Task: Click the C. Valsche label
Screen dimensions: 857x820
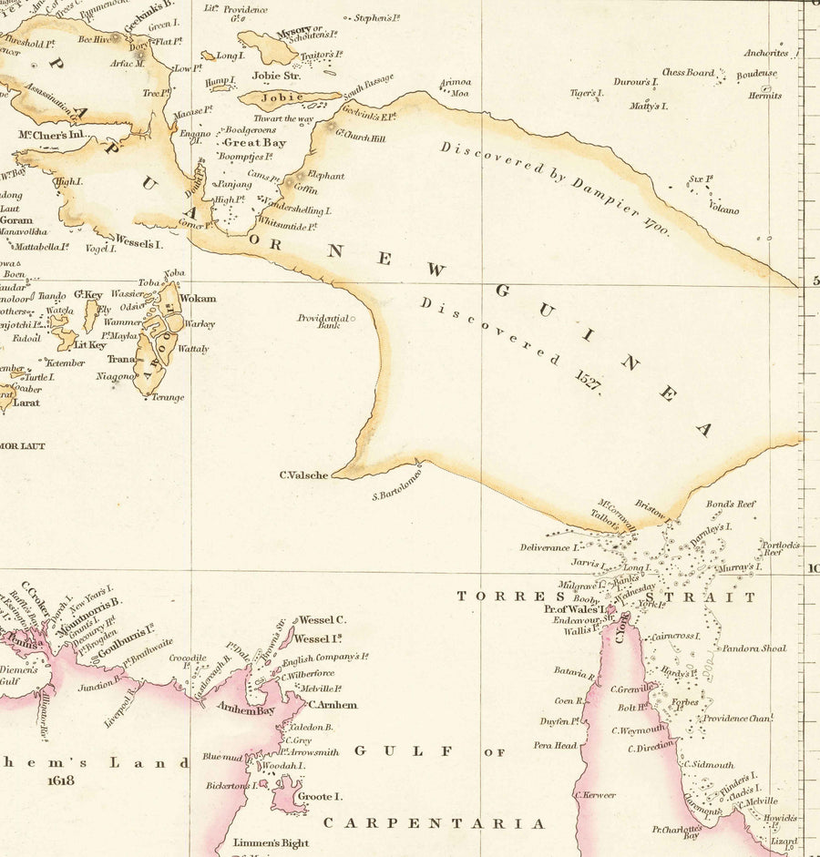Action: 303,474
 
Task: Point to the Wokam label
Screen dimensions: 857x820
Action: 198,299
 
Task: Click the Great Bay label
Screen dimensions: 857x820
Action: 254,143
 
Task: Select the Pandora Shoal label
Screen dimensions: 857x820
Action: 753,649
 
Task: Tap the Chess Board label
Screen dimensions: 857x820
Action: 688,73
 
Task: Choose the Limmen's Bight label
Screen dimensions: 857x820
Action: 271,843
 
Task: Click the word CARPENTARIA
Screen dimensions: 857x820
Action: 435,823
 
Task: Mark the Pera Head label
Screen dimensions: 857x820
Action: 555,745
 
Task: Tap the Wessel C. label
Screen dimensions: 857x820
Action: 323,620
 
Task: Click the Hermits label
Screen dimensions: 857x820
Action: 765,96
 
